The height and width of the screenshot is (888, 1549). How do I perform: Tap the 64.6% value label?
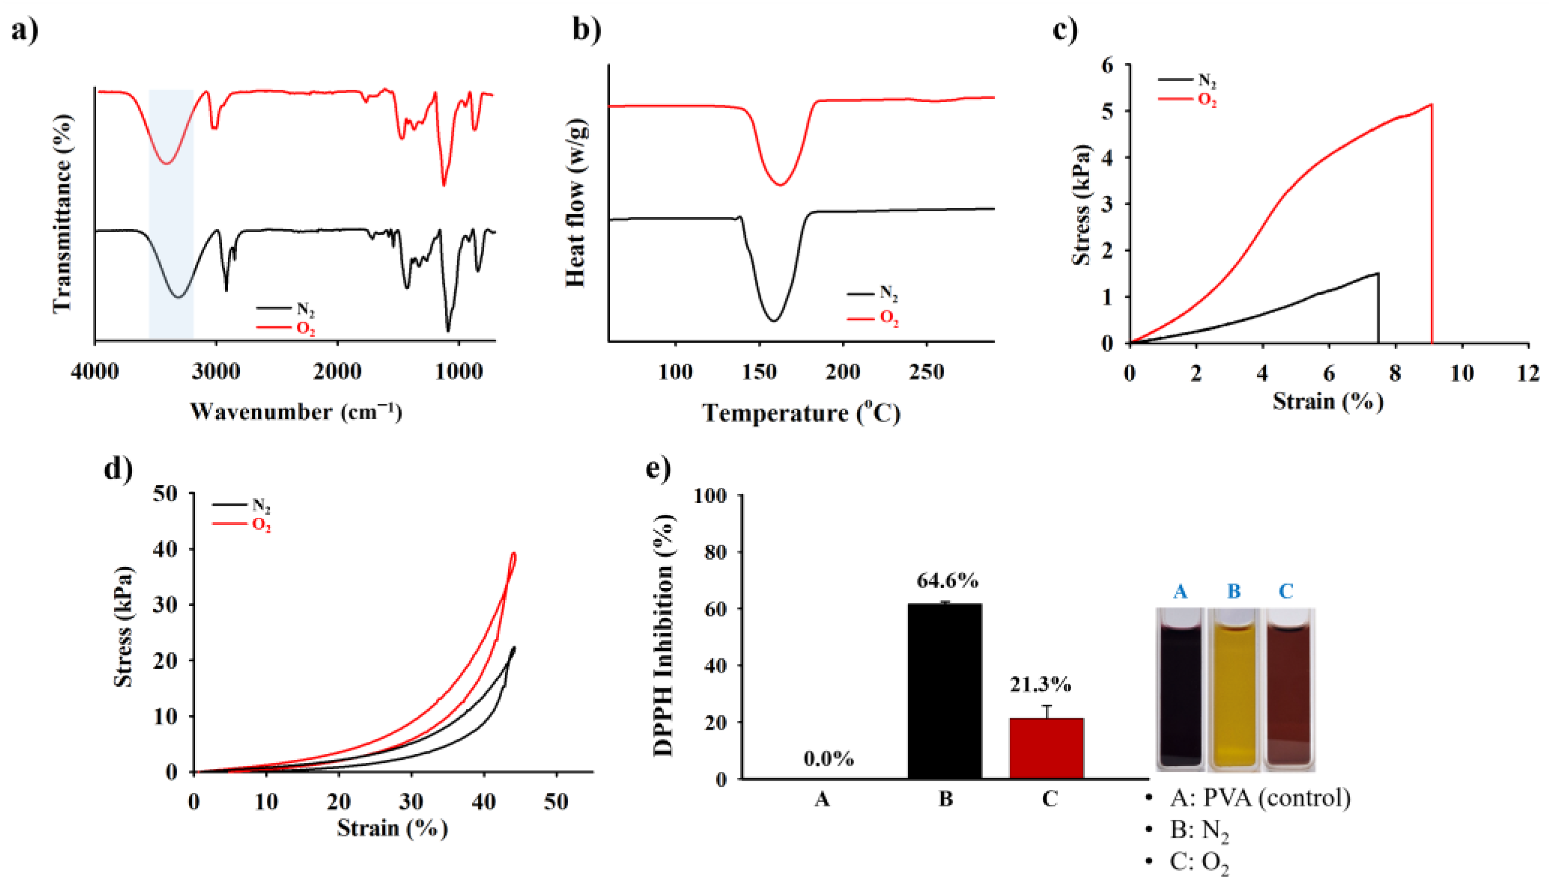pos(947,581)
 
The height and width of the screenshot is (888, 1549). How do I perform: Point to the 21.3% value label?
pos(1040,685)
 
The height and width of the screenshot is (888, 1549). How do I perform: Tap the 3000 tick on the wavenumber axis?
pos(215,371)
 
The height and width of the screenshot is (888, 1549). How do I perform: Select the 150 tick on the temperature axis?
pos(759,371)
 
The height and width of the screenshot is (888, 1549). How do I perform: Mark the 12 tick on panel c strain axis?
pos(1528,373)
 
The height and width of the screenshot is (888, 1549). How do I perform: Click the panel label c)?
pos(1066,29)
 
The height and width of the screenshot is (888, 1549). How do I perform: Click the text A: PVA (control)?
pos(1260,798)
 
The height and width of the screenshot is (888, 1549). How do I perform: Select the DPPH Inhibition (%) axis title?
pos(664,635)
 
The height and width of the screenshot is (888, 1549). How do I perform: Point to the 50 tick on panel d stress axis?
pos(165,493)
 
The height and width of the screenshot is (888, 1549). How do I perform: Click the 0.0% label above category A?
pos(828,759)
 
